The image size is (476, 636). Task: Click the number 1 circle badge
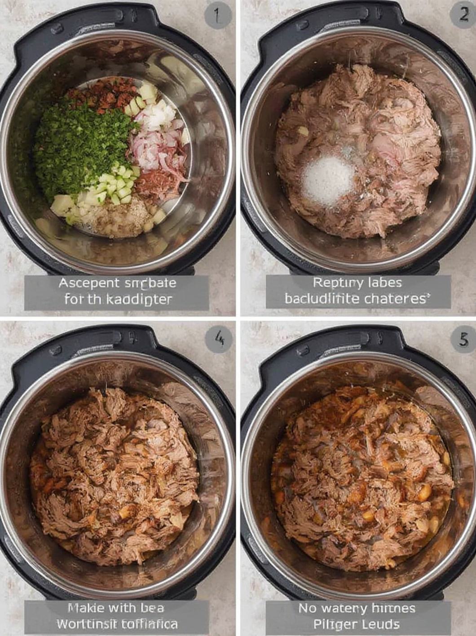[x=218, y=16]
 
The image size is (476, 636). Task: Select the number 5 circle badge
[x=463, y=339]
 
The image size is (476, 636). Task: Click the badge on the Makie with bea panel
[x=218, y=339]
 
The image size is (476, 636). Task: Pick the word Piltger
[x=335, y=624]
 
